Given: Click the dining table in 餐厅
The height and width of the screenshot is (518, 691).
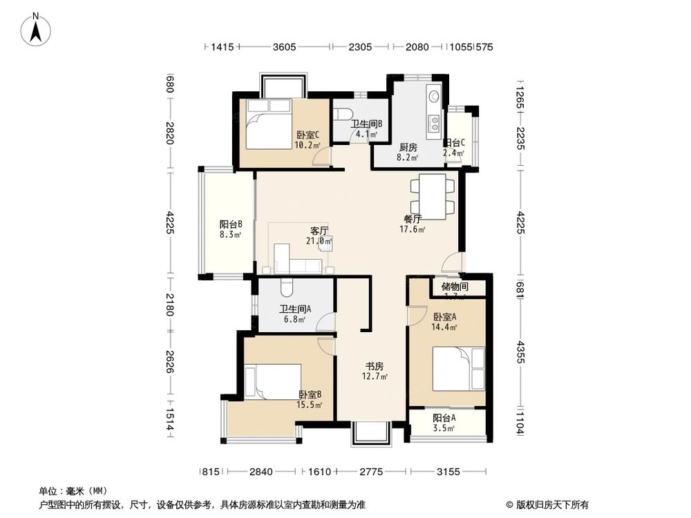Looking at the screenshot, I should click(x=432, y=196).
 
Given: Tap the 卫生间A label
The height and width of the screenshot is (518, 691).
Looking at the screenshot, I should click(x=295, y=314).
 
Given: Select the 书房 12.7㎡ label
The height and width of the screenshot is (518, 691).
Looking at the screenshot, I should click(x=375, y=371).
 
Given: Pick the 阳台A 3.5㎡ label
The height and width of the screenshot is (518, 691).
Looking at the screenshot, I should click(x=444, y=423).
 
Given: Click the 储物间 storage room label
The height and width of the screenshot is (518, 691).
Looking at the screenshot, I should click(x=454, y=287).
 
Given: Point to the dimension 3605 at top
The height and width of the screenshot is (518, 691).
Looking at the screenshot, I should click(x=284, y=47).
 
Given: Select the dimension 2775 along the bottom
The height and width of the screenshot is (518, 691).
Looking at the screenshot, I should click(x=371, y=472).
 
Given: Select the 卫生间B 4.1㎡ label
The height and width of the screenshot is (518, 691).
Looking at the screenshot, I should click(x=367, y=129).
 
